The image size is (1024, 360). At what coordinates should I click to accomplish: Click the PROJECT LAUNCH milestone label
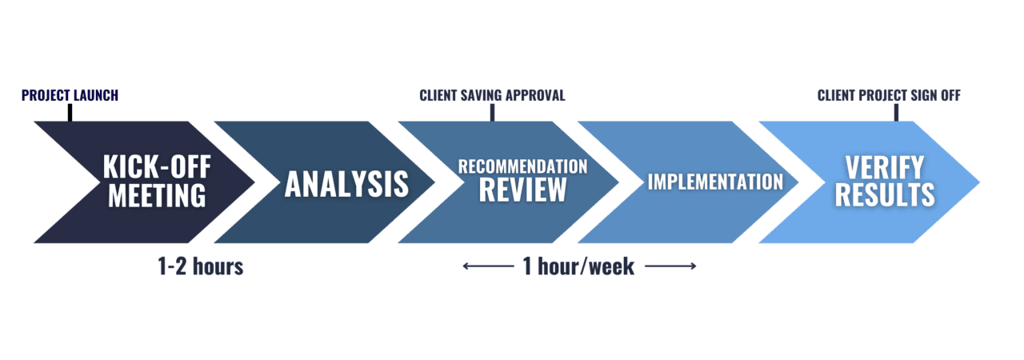[70, 96]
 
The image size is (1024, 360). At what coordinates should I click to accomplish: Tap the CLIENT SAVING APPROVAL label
[492, 96]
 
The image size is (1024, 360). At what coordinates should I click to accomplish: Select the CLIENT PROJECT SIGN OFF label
[889, 96]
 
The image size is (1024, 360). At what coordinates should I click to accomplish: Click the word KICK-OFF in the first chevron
[157, 168]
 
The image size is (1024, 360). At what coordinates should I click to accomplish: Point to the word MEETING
[157, 195]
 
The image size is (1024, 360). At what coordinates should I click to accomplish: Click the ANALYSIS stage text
[346, 183]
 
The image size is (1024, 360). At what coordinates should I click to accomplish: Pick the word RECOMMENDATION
[522, 167]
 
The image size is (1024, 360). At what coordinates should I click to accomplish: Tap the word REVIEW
[522, 191]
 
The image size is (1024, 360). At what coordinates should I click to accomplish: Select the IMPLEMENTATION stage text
[715, 182]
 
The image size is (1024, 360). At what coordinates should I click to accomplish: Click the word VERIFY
[884, 168]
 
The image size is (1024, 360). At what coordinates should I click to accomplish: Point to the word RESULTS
[884, 195]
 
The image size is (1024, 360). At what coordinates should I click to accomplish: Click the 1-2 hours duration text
[201, 267]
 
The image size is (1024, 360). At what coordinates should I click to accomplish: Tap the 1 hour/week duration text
[578, 267]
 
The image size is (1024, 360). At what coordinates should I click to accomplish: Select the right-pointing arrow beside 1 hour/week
[670, 267]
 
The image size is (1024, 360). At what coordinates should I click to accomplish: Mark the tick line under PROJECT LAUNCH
[70, 113]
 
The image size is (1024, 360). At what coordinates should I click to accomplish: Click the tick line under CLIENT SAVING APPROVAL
[492, 113]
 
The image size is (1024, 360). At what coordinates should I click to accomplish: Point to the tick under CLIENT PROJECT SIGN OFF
[896, 113]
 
